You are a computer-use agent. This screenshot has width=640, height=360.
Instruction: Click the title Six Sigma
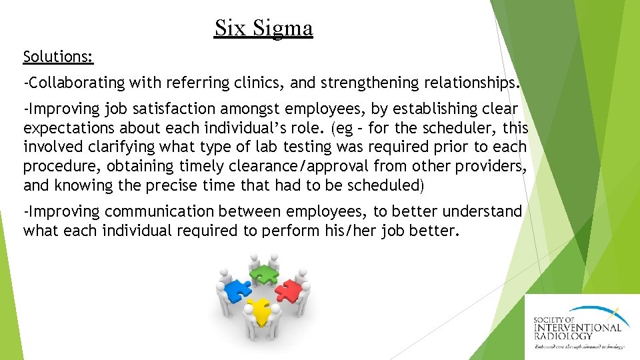(263, 28)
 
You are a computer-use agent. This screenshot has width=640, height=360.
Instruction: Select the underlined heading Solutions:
(58, 57)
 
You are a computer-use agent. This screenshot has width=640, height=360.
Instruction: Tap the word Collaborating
(76, 83)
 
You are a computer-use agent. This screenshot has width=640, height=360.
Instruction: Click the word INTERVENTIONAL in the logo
(577, 327)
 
